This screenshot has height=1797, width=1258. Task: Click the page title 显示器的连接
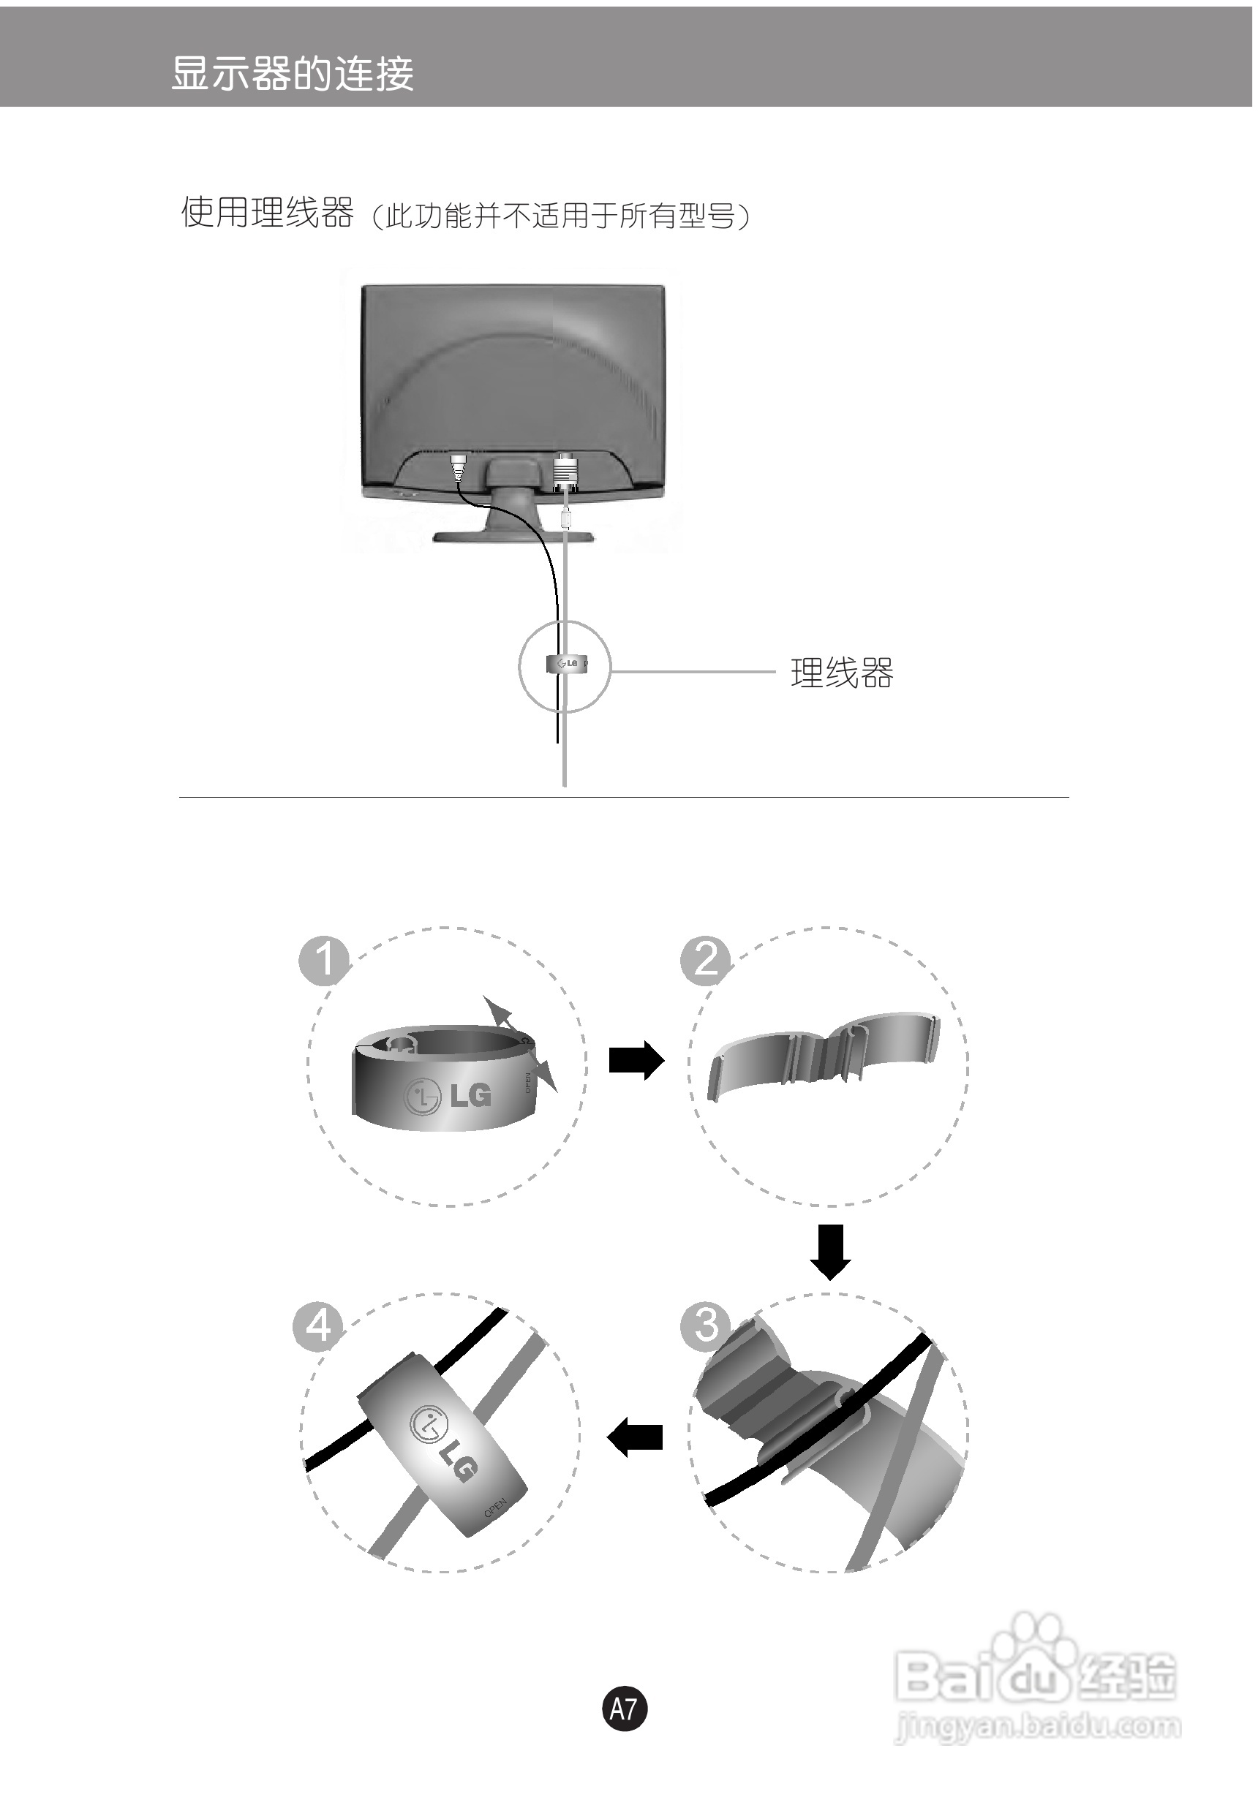pos(292,75)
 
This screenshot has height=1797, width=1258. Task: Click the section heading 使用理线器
pos(267,212)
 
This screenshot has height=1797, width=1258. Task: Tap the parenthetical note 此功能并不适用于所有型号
pos(560,216)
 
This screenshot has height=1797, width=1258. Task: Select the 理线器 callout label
pos(842,673)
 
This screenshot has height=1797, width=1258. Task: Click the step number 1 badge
pos(324,960)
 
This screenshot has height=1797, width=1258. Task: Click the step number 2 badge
pos(705,960)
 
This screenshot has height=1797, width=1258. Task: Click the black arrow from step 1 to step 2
pos(636,1060)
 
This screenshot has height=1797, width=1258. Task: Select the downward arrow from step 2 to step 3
pos(830,1252)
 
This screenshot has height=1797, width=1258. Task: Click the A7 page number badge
pos(624,1709)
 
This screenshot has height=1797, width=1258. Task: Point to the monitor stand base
pos(513,536)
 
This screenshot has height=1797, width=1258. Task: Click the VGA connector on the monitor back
pos(565,474)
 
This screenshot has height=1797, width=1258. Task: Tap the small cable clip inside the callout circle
pos(565,664)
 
